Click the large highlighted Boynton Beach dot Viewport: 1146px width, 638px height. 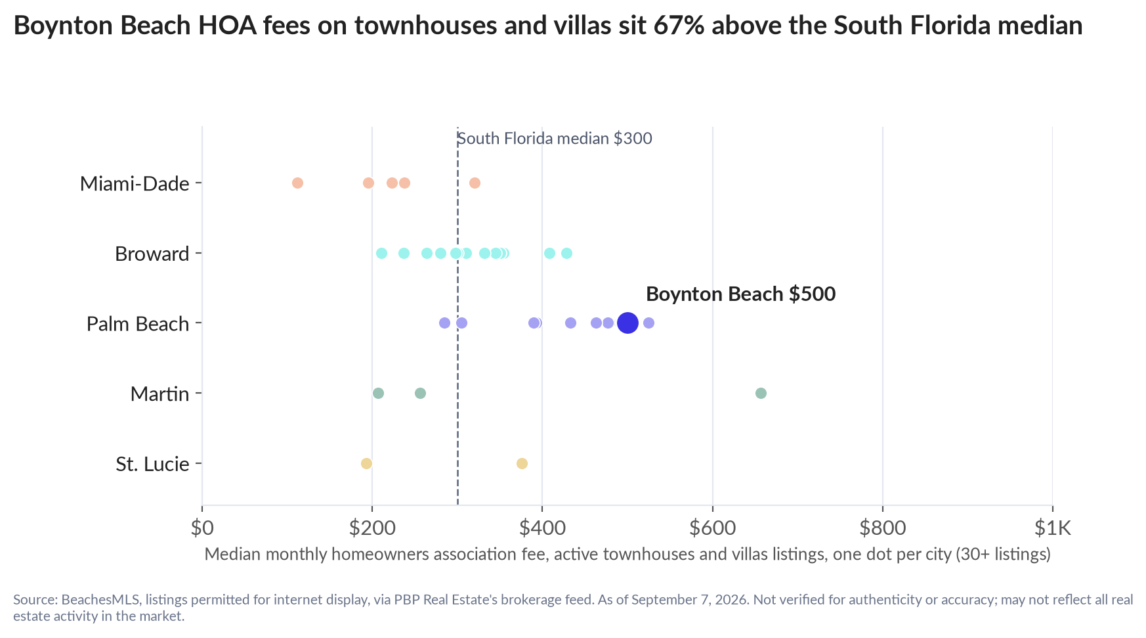[x=627, y=323]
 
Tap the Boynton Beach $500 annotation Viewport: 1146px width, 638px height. [x=740, y=294]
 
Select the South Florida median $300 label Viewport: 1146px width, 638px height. [x=555, y=139]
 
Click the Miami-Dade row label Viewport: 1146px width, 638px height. [x=135, y=183]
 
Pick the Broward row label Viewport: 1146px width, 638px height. [x=152, y=254]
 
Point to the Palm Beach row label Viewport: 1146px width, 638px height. [x=138, y=324]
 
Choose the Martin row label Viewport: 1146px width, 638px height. [x=159, y=394]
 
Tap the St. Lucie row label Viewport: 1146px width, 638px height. [x=152, y=465]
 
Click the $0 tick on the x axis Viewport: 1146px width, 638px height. [x=202, y=528]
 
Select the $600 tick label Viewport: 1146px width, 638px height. [x=712, y=528]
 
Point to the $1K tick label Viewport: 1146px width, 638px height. [x=1052, y=528]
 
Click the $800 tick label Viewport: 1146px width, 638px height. [x=882, y=528]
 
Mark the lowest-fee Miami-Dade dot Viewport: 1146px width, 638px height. [x=297, y=183]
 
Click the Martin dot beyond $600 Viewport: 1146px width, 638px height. [x=761, y=393]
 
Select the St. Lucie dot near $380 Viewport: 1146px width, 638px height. [x=522, y=463]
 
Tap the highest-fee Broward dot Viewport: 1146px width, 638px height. [x=566, y=253]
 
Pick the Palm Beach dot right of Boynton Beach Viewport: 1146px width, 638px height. [x=648, y=323]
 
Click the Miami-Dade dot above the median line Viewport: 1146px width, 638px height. [x=475, y=183]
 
